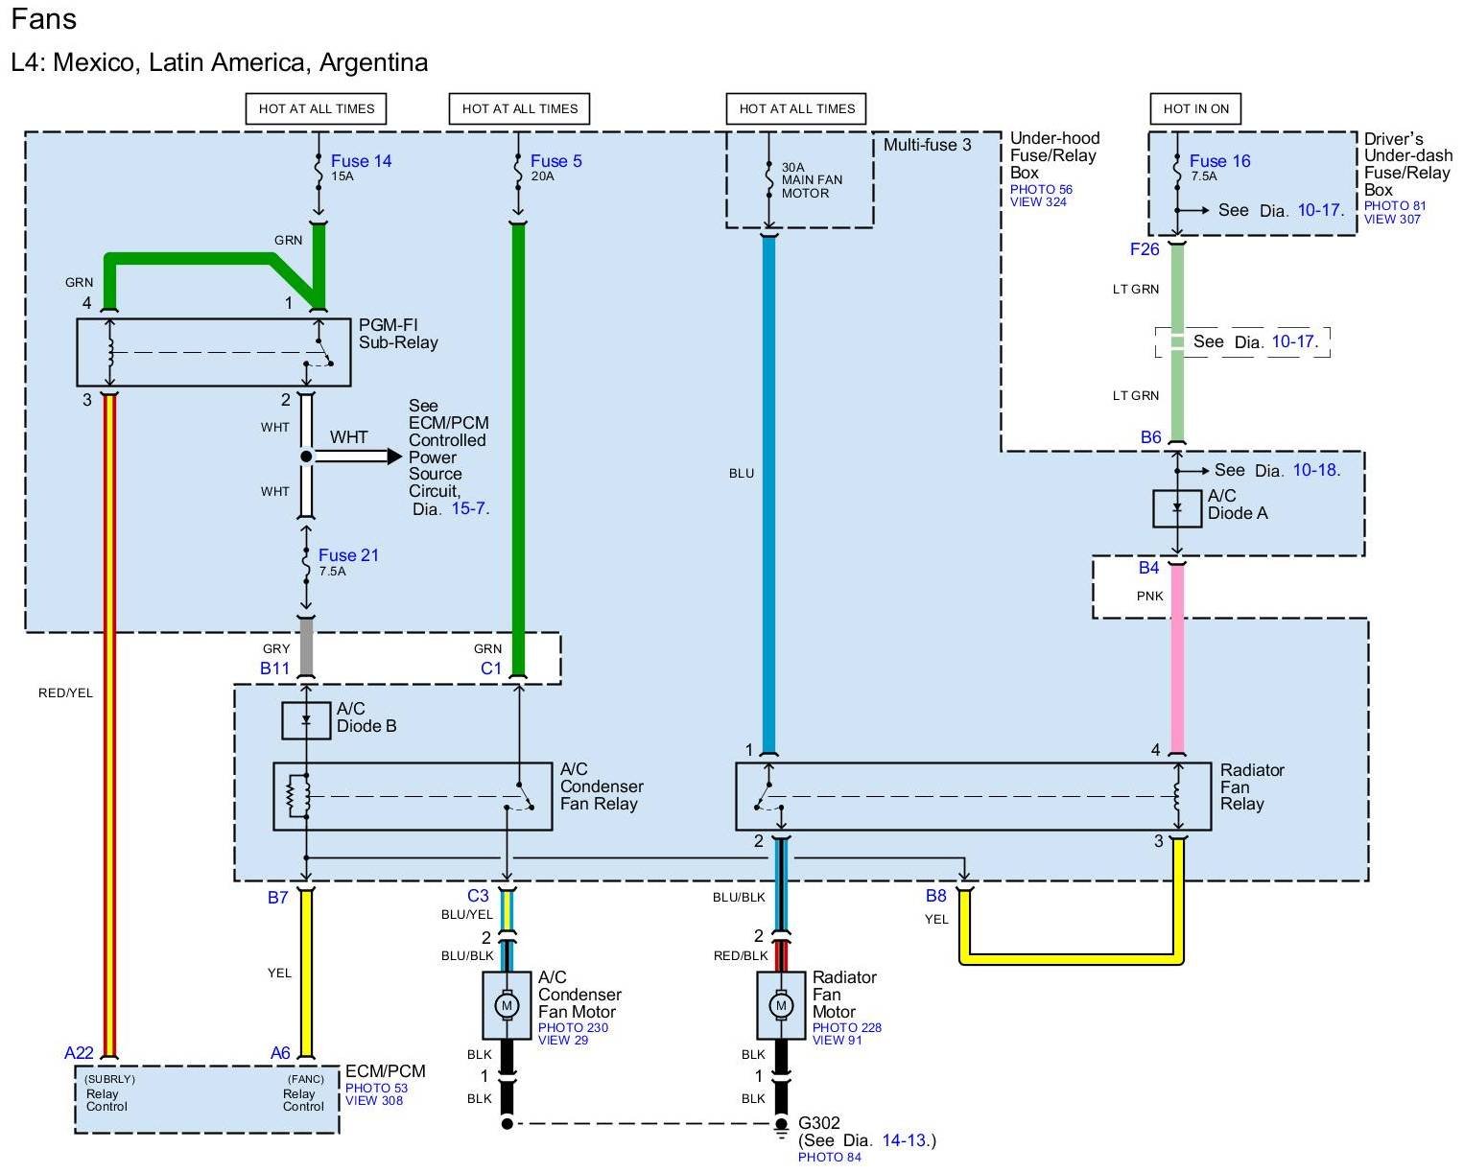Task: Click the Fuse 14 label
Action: (x=361, y=161)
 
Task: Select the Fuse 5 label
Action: (x=555, y=161)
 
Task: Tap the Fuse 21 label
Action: (x=348, y=555)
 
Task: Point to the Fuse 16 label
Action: (x=1219, y=161)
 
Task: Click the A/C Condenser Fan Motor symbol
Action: (x=506, y=1005)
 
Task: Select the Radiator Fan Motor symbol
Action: (x=781, y=1005)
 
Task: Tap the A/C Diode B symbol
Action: (x=306, y=719)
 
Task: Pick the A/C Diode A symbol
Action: (x=1177, y=508)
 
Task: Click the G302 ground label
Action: (x=818, y=1123)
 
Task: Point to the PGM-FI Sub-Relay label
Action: (x=398, y=334)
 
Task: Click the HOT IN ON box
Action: (x=1195, y=108)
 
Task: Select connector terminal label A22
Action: (x=79, y=1053)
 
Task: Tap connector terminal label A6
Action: (x=280, y=1053)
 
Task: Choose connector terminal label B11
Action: (x=274, y=669)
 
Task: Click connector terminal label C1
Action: (x=490, y=669)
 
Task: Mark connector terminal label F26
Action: (x=1145, y=249)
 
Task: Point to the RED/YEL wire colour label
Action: (x=65, y=693)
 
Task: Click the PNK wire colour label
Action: (x=1149, y=597)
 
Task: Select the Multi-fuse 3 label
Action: (x=927, y=145)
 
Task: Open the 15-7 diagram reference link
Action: (x=469, y=509)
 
